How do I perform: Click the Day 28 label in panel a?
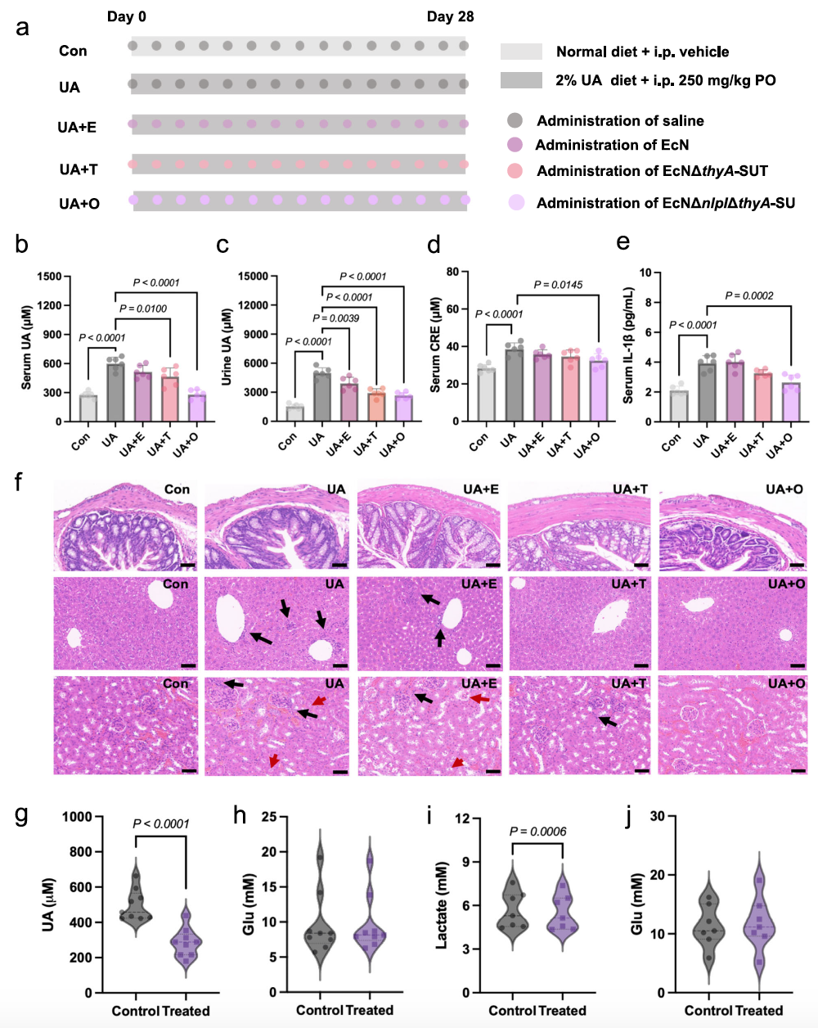click(450, 16)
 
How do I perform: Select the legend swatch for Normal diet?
click(521, 52)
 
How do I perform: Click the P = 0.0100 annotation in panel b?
click(143, 309)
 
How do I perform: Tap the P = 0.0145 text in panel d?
click(558, 285)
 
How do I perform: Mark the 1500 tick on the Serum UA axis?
click(49, 277)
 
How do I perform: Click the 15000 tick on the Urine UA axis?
click(253, 277)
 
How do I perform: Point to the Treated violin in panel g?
click(187, 933)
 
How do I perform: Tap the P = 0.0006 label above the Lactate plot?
click(538, 832)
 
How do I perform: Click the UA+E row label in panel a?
click(77, 127)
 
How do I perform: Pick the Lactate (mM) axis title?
click(443, 904)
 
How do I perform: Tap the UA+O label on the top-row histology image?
click(784, 489)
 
